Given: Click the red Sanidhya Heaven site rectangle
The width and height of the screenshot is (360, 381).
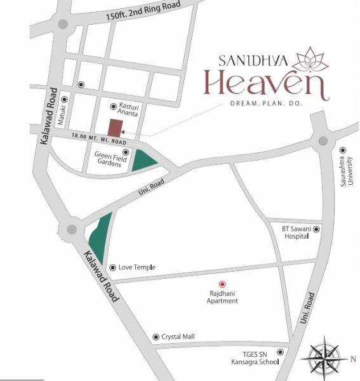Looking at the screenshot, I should [116, 127].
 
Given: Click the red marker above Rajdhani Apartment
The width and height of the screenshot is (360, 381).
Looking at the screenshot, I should [222, 284].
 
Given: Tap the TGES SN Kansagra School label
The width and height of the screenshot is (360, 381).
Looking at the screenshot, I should [253, 358].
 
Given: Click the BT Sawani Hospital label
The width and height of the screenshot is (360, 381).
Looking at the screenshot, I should [297, 232].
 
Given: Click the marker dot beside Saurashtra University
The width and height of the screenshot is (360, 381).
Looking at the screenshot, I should [342, 150].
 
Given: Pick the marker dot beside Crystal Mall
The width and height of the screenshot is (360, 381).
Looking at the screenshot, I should [156, 337].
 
